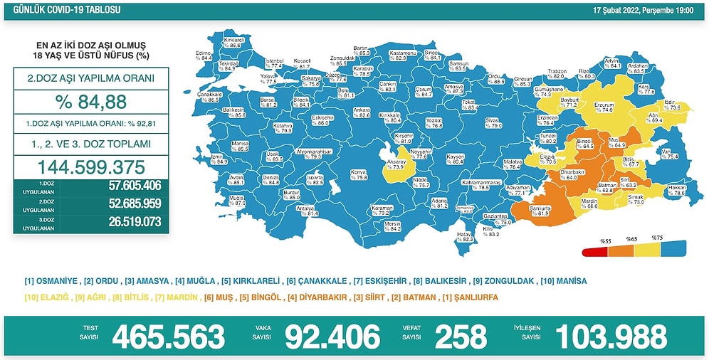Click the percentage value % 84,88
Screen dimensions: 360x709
(x=91, y=102)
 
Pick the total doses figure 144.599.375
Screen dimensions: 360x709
(x=91, y=168)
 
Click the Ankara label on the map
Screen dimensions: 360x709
(x=362, y=112)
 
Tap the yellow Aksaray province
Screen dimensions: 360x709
(x=394, y=163)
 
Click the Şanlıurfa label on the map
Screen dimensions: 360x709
(x=542, y=208)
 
